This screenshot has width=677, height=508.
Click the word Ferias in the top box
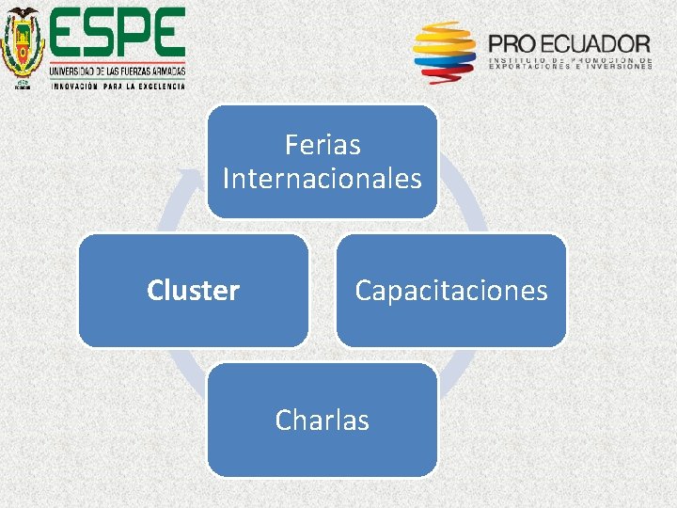point(323,146)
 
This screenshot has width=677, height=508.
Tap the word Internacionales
point(323,178)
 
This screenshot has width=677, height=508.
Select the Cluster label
point(193,291)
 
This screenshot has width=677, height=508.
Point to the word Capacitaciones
point(450,291)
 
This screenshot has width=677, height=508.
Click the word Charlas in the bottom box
point(322,420)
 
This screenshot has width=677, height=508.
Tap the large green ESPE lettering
point(118,35)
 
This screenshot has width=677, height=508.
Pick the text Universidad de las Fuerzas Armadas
point(118,71)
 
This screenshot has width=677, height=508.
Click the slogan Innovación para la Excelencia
point(118,85)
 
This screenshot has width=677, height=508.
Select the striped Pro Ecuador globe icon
point(445,53)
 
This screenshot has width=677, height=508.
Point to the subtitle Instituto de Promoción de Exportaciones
point(570,63)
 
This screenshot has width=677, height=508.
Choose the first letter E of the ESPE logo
point(67,35)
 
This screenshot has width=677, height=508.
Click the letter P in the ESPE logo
point(134,35)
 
